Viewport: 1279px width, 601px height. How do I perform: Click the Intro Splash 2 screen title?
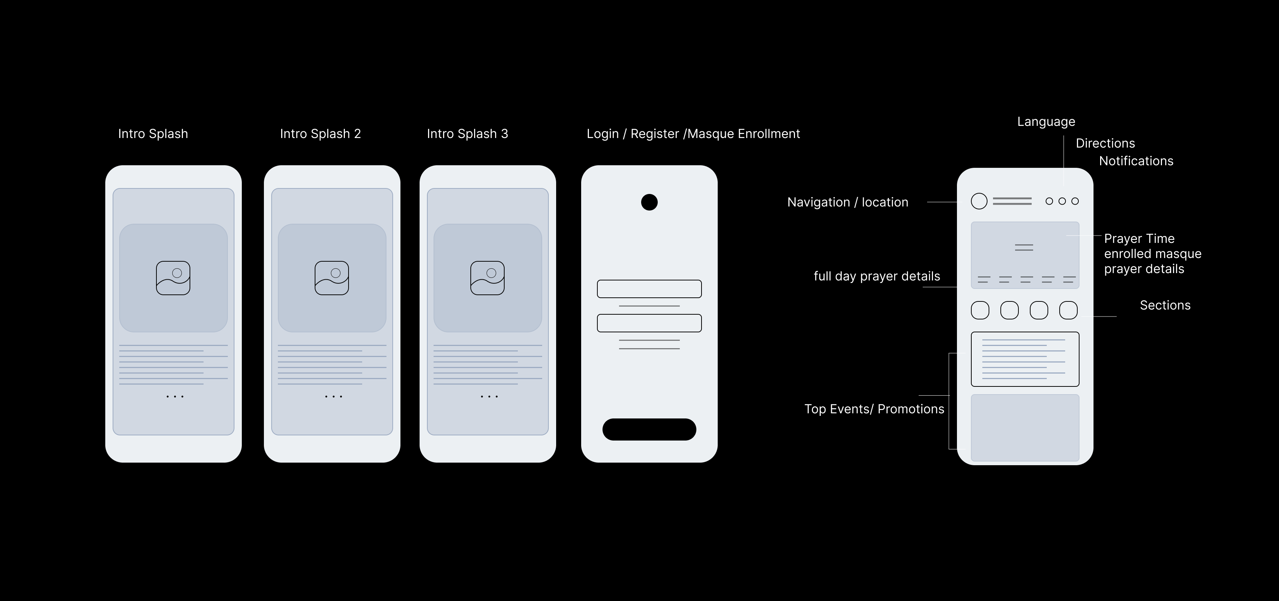tap(320, 134)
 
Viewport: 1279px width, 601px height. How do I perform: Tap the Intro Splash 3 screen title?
tap(467, 134)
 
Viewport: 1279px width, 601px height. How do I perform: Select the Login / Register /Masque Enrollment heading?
tap(693, 134)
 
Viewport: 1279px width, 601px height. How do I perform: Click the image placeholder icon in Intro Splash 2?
tap(332, 278)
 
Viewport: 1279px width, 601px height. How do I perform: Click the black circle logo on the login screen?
tap(649, 202)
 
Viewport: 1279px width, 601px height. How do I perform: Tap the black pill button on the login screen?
tap(649, 429)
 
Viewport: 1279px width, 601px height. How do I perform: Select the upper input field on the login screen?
tap(649, 289)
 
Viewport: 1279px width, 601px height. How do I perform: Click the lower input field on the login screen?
tap(649, 323)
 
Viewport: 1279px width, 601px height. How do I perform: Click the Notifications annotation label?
tap(1136, 161)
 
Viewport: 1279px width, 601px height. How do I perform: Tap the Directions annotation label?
tap(1105, 144)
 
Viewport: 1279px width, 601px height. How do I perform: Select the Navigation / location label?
tap(848, 202)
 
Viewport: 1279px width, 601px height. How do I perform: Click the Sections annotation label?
tap(1165, 305)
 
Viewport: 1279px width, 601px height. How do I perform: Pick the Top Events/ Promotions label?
tap(874, 409)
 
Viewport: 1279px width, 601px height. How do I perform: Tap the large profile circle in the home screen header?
tap(979, 201)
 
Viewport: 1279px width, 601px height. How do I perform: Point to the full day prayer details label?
tap(877, 276)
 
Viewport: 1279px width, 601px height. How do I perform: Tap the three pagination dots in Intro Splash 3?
tap(490, 396)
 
